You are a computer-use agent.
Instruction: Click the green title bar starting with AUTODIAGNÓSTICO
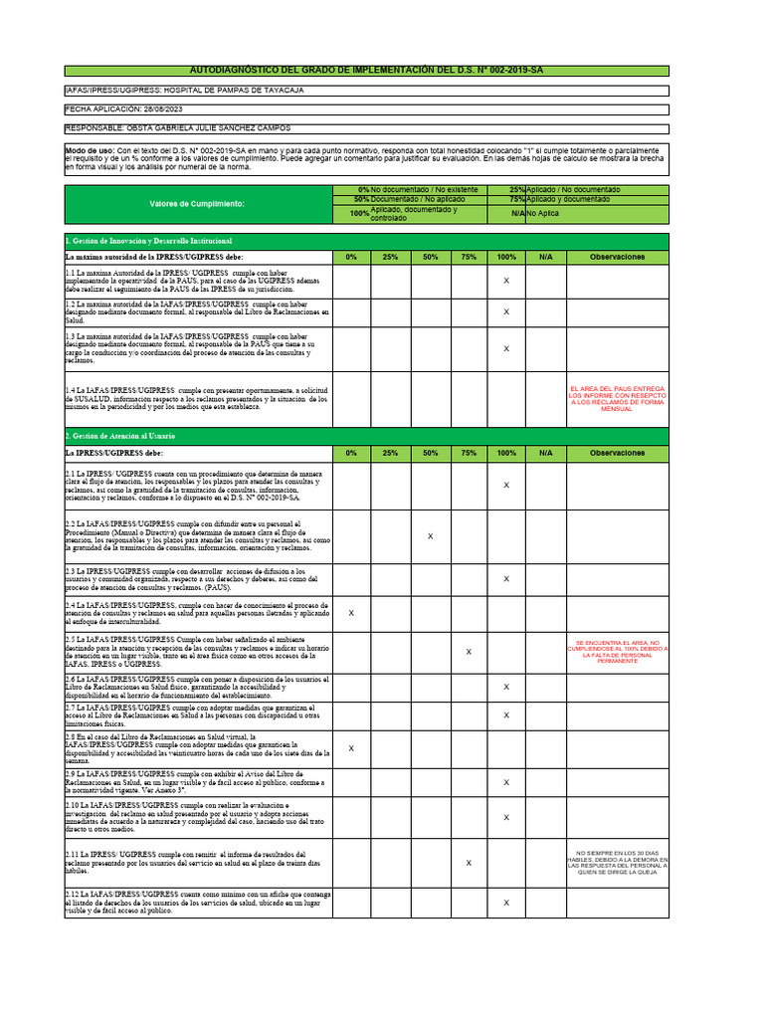pyautogui.click(x=367, y=71)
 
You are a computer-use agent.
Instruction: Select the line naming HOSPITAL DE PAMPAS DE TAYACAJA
pyautogui.click(x=184, y=91)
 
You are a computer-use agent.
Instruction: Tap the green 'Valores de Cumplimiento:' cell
pyautogui.click(x=197, y=203)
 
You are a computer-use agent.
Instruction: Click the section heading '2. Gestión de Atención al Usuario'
pyautogui.click(x=120, y=437)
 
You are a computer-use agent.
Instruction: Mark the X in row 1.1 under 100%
pyautogui.click(x=506, y=282)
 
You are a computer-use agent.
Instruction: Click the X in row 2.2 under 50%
pyautogui.click(x=430, y=536)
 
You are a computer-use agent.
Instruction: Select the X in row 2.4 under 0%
pyautogui.click(x=351, y=613)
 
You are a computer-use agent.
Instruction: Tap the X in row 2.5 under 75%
pyautogui.click(x=469, y=652)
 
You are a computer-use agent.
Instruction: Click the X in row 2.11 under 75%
pyautogui.click(x=469, y=863)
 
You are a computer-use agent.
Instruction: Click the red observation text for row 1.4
pyautogui.click(x=617, y=399)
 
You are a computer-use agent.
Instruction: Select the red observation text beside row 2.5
pyautogui.click(x=617, y=652)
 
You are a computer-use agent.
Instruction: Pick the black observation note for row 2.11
pyautogui.click(x=617, y=863)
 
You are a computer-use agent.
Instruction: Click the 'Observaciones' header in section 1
pyautogui.click(x=617, y=257)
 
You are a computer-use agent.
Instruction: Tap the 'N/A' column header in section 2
pyautogui.click(x=545, y=453)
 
